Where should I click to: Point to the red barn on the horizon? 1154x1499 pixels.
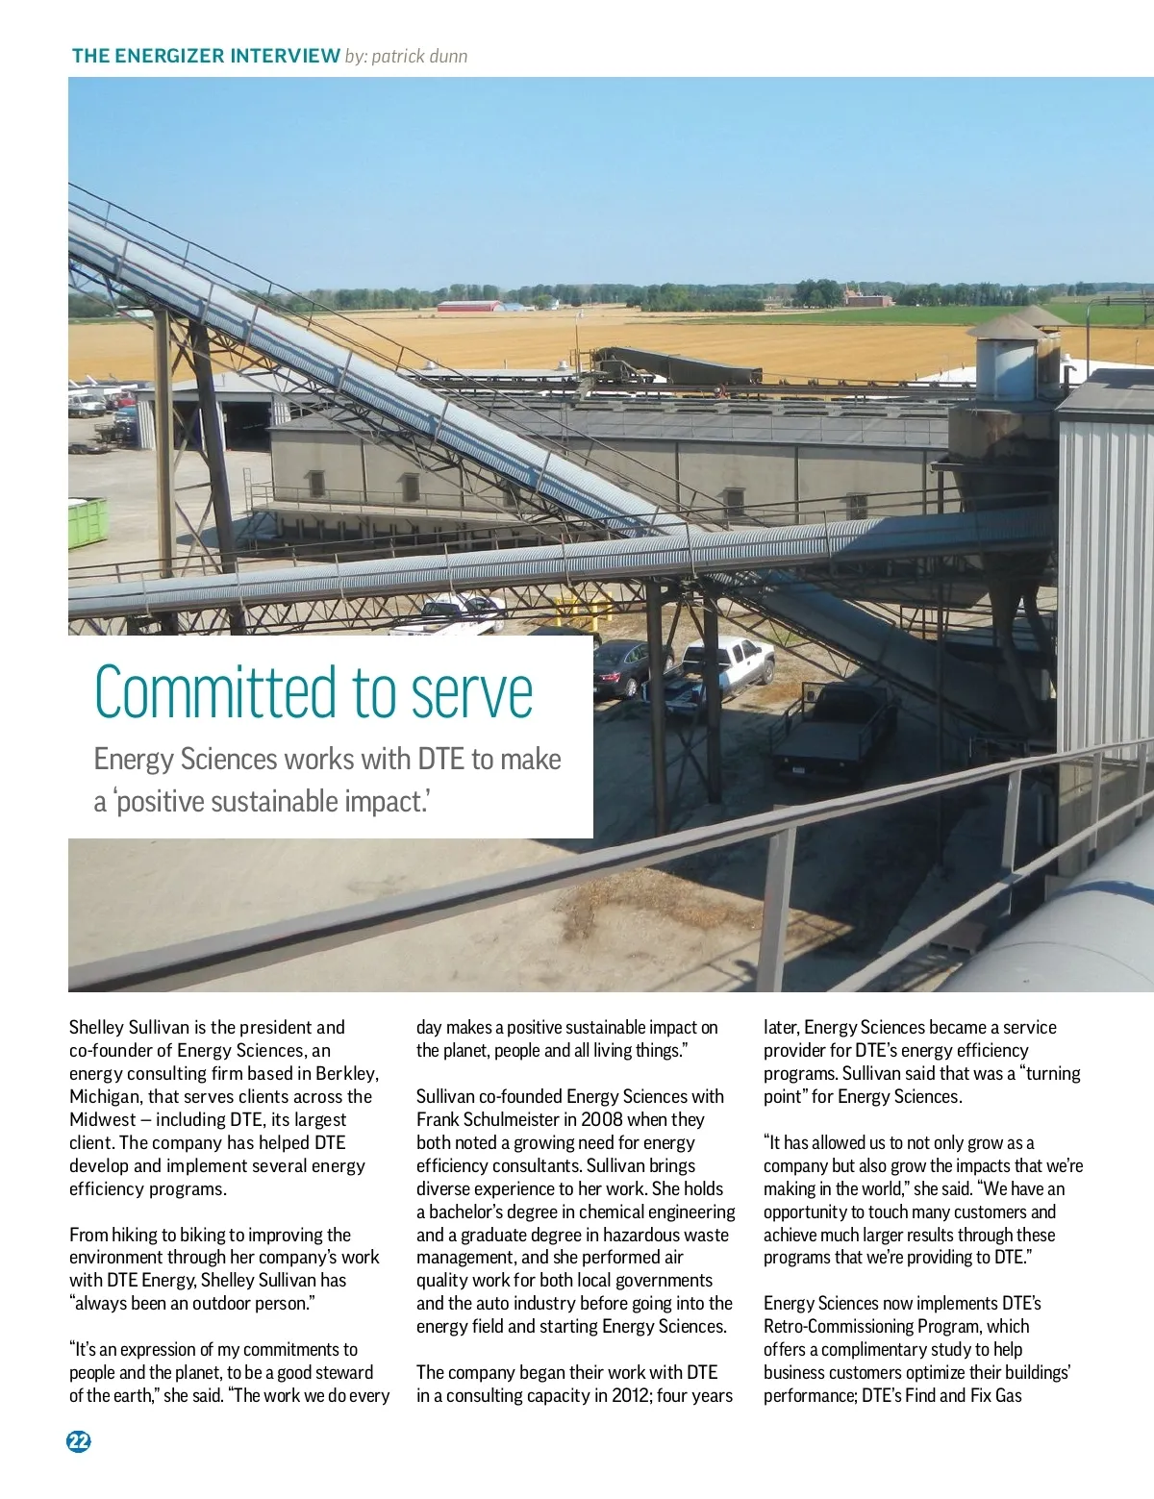coord(469,307)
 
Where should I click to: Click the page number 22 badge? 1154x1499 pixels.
coord(79,1440)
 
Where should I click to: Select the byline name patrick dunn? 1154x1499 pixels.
coord(419,56)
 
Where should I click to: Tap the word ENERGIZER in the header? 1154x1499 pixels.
coord(174,56)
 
